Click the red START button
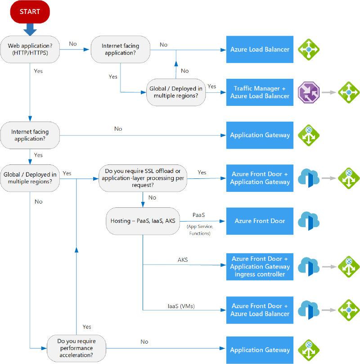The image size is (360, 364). [30, 12]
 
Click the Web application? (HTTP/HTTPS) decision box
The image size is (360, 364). [30, 49]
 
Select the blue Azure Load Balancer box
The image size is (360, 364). [260, 49]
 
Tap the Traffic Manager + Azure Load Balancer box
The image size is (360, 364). [260, 92]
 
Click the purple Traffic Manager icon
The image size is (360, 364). [309, 92]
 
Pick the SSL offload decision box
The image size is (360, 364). [143, 178]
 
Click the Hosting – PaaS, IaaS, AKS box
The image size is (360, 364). [143, 221]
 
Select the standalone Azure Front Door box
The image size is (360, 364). [260, 221]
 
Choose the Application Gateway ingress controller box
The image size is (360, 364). [260, 266]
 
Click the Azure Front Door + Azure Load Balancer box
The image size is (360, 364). [260, 309]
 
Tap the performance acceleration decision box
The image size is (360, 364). [77, 348]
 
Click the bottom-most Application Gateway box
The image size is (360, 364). [260, 350]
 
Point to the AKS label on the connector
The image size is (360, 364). [183, 260]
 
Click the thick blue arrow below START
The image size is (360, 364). [30, 29]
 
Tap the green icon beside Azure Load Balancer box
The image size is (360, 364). [309, 49]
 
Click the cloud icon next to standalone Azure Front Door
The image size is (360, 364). [309, 221]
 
